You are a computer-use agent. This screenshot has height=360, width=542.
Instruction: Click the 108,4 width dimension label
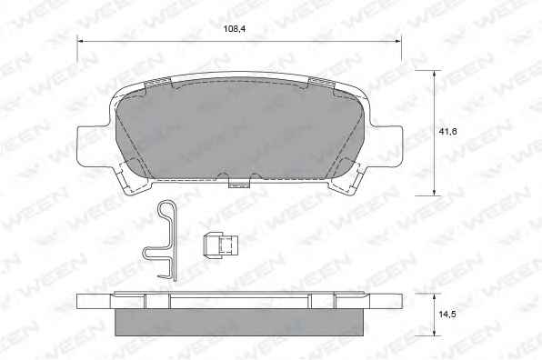pyautogui.click(x=235, y=29)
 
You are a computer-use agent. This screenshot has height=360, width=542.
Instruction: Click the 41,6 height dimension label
pyautogui.click(x=448, y=131)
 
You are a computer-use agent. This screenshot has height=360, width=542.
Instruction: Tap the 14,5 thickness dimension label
pyautogui.click(x=447, y=315)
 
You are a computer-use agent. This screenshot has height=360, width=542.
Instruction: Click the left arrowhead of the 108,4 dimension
pyautogui.click(x=80, y=42)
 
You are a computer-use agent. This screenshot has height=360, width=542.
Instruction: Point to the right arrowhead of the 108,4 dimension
pyautogui.click(x=397, y=42)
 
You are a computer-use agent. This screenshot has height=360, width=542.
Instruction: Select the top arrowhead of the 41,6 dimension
pyautogui.click(x=434, y=74)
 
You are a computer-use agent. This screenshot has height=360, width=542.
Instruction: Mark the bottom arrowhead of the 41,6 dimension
pyautogui.click(x=434, y=192)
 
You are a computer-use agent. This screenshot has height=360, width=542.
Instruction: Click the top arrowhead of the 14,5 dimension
pyautogui.click(x=434, y=297)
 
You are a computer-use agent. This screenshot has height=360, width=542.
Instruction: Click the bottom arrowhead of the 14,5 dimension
pyautogui.click(x=434, y=333)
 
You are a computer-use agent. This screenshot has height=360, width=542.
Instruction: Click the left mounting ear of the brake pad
pyautogui.click(x=92, y=145)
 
